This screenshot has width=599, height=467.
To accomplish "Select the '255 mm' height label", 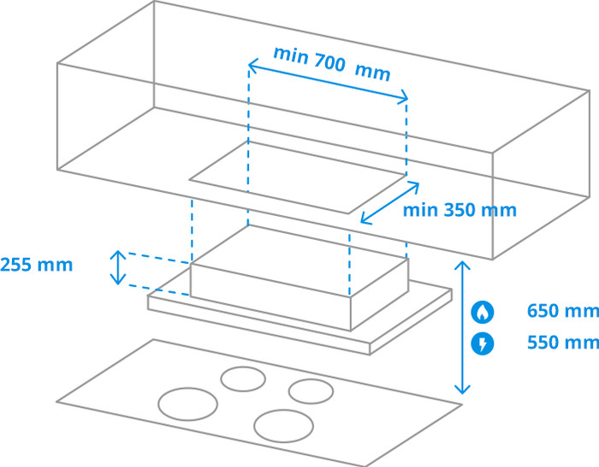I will point(37,264).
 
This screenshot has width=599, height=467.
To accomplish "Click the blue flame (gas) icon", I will point(483,312).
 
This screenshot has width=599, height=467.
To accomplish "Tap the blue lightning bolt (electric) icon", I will point(483,344).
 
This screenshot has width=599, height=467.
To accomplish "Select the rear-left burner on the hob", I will point(243,379).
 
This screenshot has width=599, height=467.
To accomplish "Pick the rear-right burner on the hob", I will point(311,391).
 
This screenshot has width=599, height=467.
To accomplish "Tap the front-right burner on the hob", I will point(282,424).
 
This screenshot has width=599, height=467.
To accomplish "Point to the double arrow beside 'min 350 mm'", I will point(389,203).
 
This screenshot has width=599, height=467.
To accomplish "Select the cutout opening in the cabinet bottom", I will point(296,177).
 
